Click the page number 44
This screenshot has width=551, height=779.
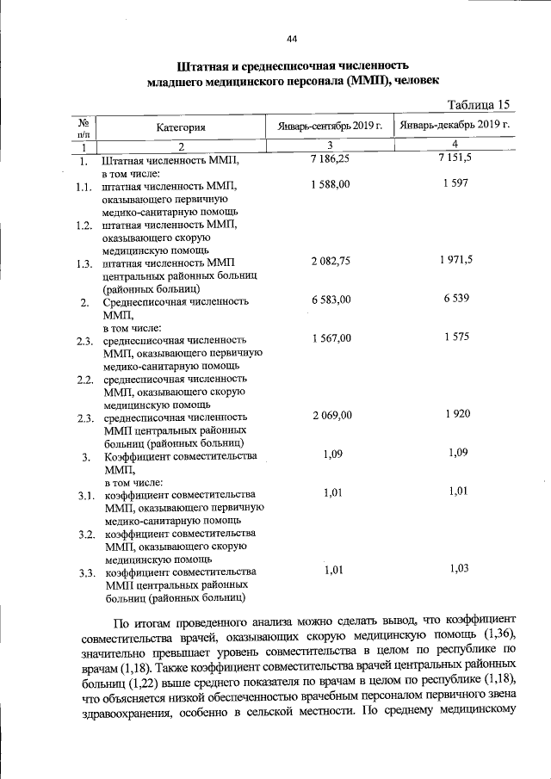tap(292, 39)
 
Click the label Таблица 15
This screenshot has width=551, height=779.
tap(479, 104)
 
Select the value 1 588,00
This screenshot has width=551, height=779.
tap(331, 185)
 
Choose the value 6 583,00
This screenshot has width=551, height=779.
tap(331, 300)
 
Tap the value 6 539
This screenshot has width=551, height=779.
tap(457, 299)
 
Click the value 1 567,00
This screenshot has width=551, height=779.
tap(331, 338)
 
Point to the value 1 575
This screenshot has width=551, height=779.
tap(457, 337)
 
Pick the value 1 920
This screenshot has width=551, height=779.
tap(457, 414)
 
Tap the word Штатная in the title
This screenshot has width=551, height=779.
tap(202, 65)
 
